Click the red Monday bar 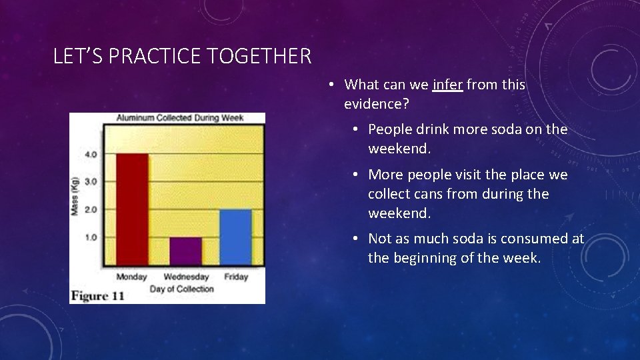(133, 209)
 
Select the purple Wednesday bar (185, 251)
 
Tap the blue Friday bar (235, 237)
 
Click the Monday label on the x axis (132, 277)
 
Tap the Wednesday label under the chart (186, 277)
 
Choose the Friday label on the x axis (236, 277)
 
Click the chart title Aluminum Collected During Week (180, 118)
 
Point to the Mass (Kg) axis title (75, 196)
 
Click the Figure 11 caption (97, 296)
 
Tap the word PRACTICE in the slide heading (155, 57)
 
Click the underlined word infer (447, 85)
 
